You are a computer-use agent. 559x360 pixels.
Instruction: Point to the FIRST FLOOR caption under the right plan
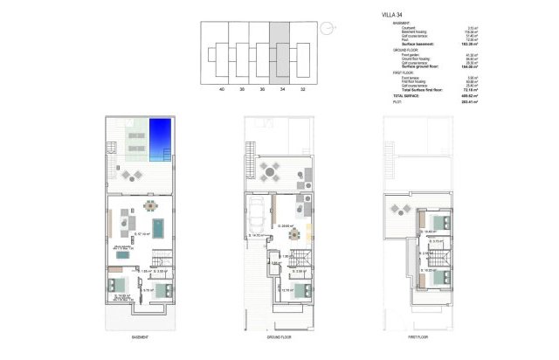pyautogui.click(x=419, y=336)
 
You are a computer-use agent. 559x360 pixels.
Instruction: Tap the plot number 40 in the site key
pyautogui.click(x=222, y=89)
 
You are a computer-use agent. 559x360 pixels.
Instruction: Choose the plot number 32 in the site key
pyautogui.click(x=302, y=89)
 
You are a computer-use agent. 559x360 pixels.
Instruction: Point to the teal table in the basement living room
pyautogui.click(x=158, y=227)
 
